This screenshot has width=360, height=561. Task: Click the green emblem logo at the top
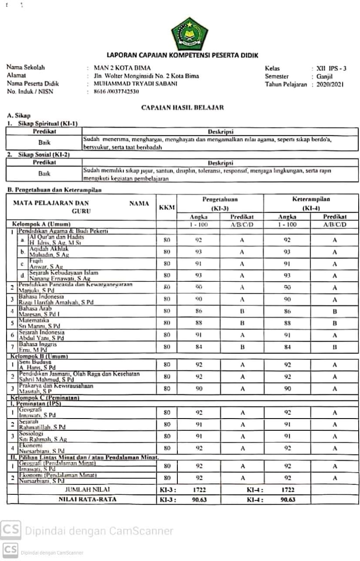tap(189, 34)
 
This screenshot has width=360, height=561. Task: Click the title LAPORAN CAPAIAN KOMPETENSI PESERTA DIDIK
tap(183, 55)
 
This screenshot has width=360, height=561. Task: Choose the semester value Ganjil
tap(325, 76)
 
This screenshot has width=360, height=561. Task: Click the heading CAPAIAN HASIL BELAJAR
tap(182, 107)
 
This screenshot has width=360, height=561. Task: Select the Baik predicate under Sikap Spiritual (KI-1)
tap(44, 142)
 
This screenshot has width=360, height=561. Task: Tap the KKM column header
tap(167, 207)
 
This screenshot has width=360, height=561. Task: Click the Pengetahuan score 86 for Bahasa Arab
tap(199, 311)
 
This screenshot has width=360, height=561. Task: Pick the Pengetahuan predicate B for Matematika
tap(242, 323)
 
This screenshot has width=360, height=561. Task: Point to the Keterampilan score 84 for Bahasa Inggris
tap(287, 347)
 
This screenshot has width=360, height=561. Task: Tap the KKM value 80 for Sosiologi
tap(167, 436)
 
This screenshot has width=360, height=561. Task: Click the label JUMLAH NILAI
tap(88, 490)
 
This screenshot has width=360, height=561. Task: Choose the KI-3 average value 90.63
tap(199, 499)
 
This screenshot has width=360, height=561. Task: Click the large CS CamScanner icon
tap(11, 530)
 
